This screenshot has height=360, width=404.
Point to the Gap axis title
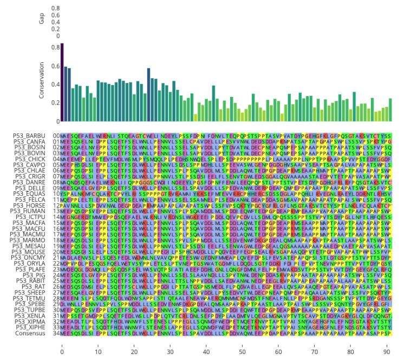tap(42, 19)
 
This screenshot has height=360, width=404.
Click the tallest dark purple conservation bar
tap(62, 81)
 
